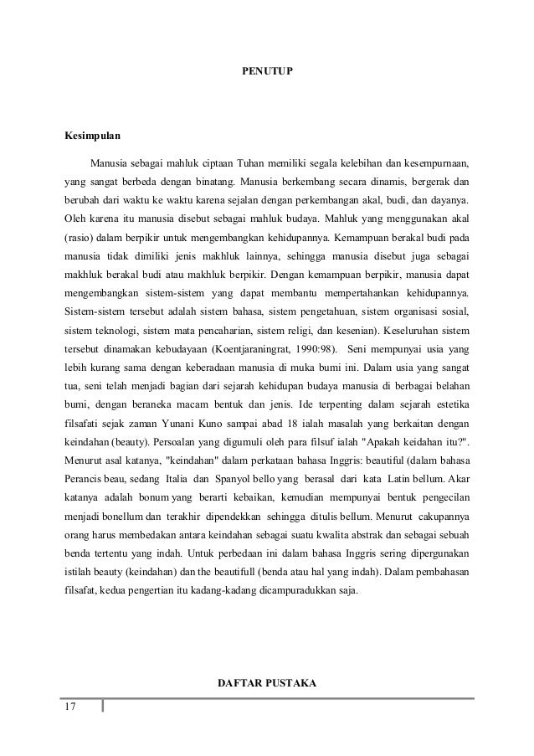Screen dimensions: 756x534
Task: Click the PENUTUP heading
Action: point(266,85)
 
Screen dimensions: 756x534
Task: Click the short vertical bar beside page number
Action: point(102,708)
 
